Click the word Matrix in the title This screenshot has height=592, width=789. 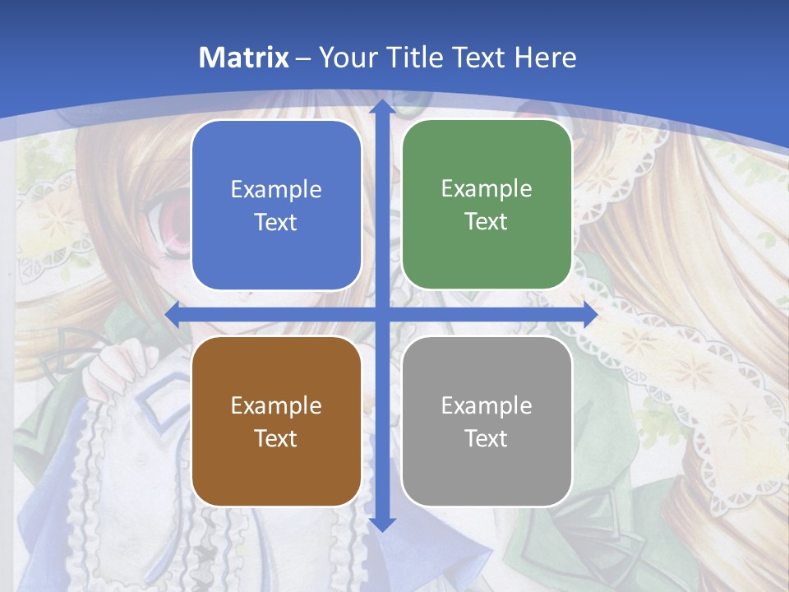(244, 58)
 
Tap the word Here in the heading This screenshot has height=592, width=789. (545, 58)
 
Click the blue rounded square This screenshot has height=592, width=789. (276, 206)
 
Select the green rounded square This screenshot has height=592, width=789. (487, 205)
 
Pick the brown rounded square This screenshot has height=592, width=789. (276, 421)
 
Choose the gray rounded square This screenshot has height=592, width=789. (487, 421)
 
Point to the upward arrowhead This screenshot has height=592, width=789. (382, 107)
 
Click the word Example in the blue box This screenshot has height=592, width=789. (276, 190)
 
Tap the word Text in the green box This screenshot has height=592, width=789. (486, 222)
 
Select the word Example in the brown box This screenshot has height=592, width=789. (276, 405)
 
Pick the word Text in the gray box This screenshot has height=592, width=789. (486, 438)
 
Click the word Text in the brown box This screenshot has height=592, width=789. (275, 438)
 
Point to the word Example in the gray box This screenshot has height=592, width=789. (487, 405)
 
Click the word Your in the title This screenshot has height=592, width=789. (341, 58)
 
